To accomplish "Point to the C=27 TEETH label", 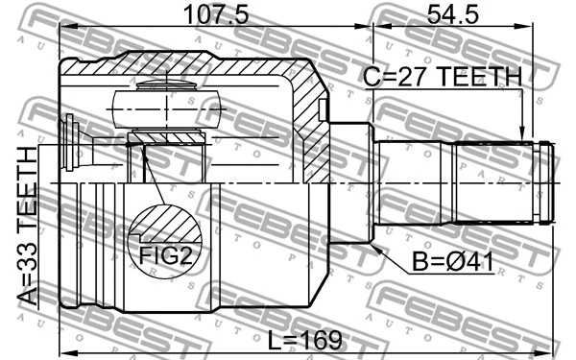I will [443, 77].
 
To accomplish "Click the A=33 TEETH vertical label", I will [28, 227].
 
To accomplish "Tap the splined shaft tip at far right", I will [547, 182].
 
